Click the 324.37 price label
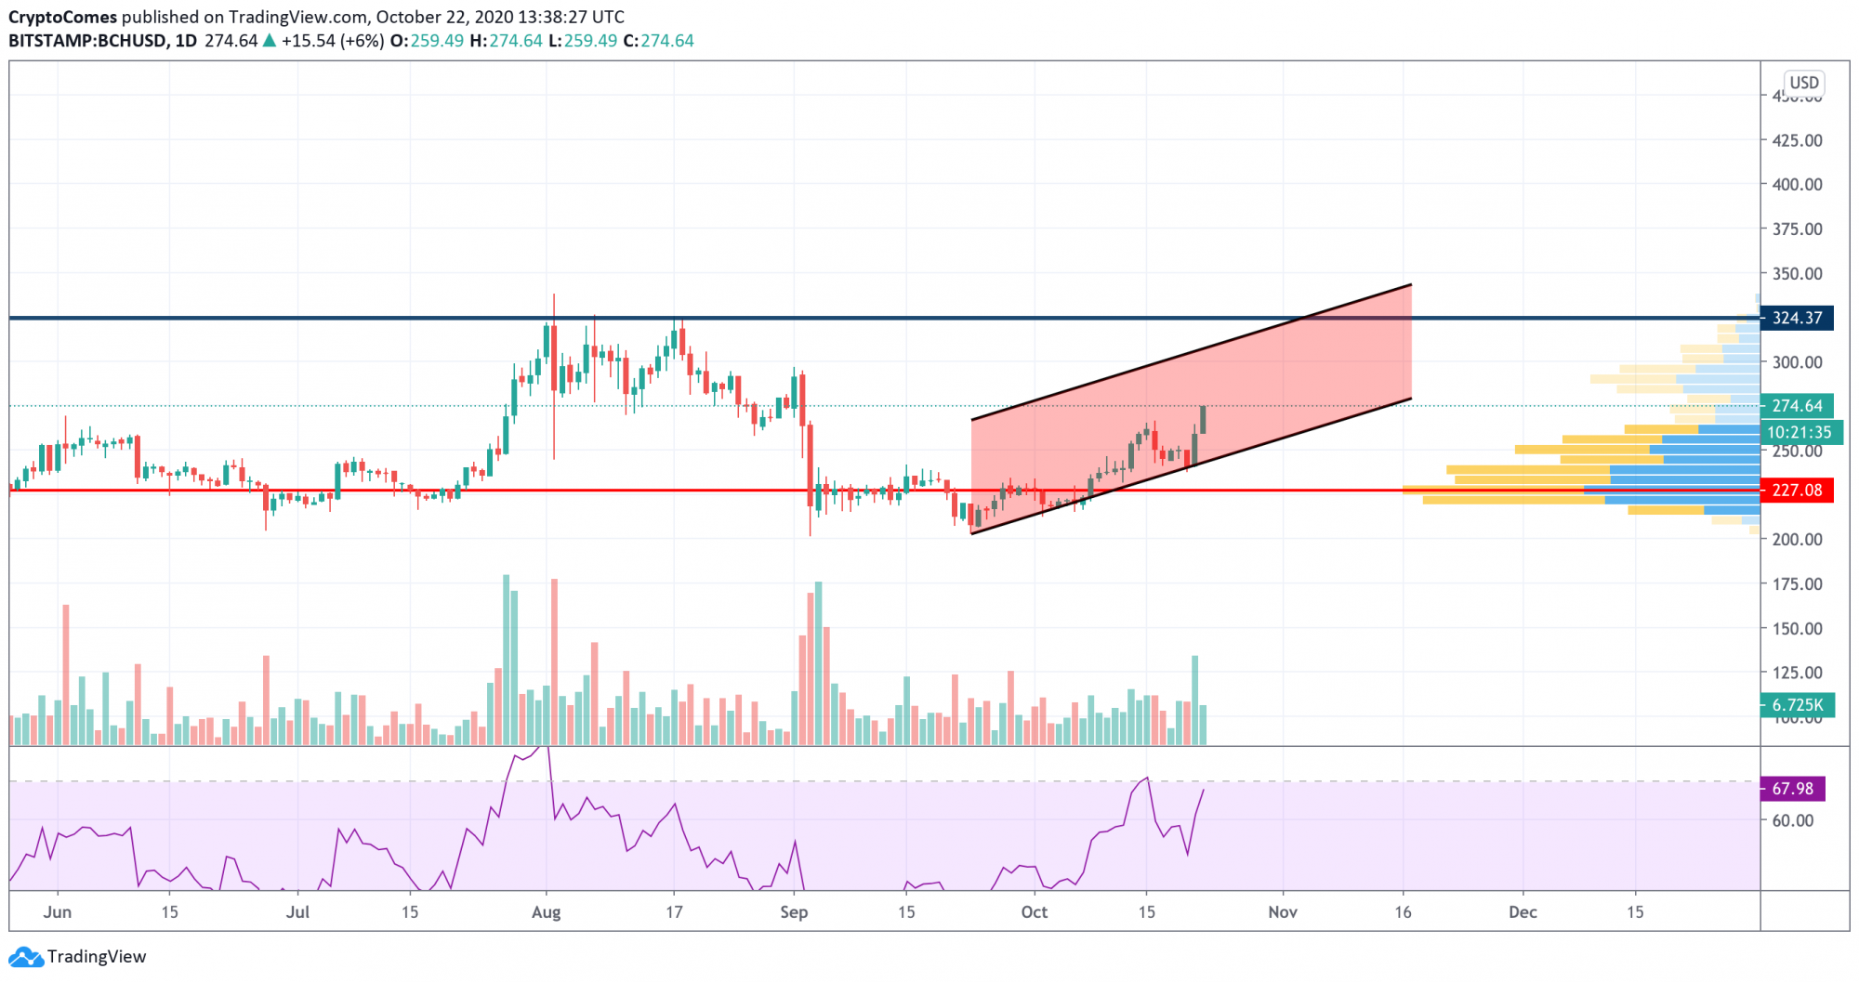1797,318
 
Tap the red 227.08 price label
1797,491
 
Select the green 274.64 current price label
1797,406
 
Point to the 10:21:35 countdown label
1799,432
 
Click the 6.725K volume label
1797,705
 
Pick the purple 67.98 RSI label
1792,789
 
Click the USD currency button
1803,83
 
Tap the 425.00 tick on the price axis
1797,140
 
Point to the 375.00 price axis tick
1797,229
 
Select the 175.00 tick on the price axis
1797,583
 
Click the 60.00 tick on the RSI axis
1792,820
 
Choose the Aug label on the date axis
546,912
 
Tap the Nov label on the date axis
1283,912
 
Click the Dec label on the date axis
1523,912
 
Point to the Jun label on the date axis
58,912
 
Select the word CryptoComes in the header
62,17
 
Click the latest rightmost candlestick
1204,420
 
